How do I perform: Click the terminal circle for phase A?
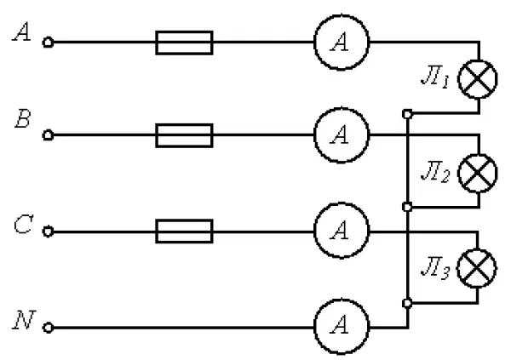point(48,43)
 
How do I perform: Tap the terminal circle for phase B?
point(48,134)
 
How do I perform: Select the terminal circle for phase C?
point(48,231)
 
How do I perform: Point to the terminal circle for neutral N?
point(48,328)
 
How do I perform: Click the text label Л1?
point(435,77)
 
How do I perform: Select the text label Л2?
point(435,172)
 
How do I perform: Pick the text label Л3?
point(435,268)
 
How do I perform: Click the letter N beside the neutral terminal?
point(24,320)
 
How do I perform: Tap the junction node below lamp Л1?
point(407,114)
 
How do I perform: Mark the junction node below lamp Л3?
point(407,303)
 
